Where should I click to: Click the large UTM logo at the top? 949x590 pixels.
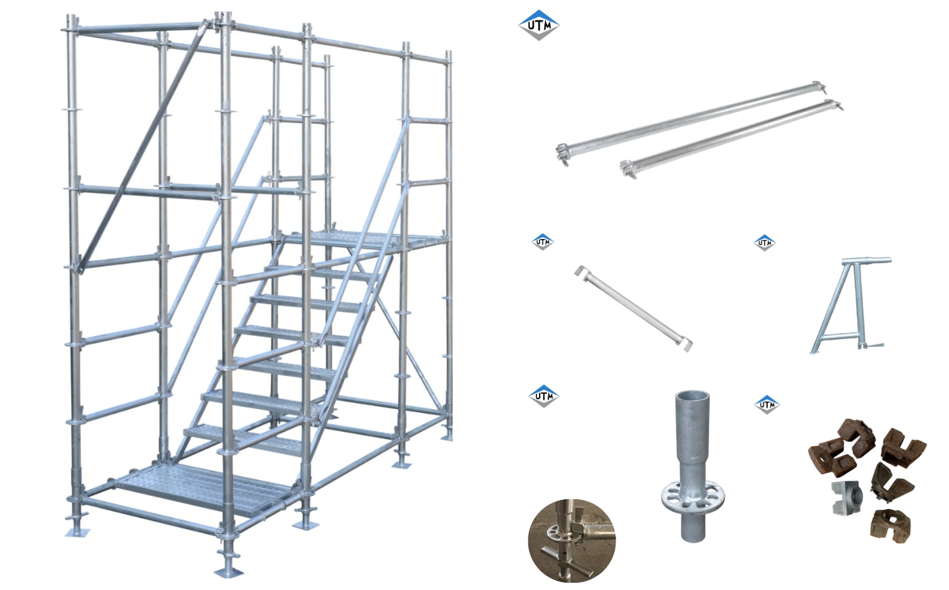(538, 26)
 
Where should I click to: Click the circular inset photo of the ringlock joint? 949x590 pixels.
(571, 540)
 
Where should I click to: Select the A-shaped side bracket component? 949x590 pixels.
(849, 306)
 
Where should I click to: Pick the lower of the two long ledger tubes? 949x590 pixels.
(732, 136)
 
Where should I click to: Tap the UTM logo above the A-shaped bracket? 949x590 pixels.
(764, 242)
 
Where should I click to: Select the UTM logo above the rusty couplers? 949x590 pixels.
(766, 404)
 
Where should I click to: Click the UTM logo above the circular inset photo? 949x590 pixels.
(544, 396)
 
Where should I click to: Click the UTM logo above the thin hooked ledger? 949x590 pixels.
(542, 242)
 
